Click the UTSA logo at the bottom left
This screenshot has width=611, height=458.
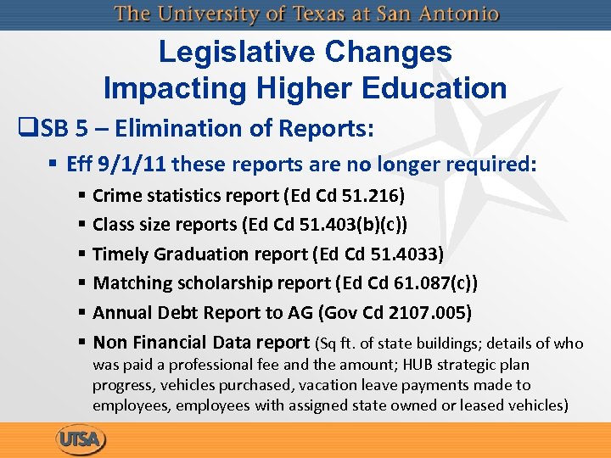click(80, 440)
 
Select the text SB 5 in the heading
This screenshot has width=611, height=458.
click(62, 129)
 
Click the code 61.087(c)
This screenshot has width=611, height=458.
click(429, 283)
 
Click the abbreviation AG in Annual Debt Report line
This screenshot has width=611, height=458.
click(300, 312)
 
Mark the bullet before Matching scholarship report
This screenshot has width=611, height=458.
click(82, 283)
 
